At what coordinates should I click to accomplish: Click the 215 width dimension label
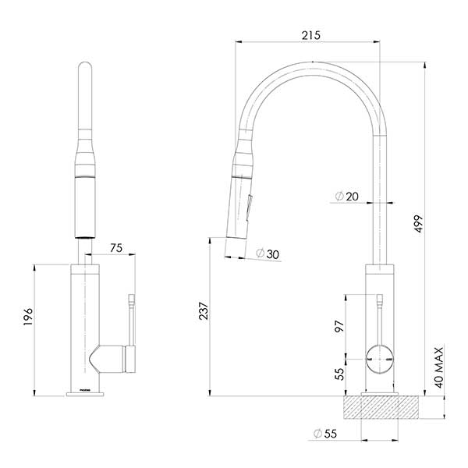[x=310, y=35]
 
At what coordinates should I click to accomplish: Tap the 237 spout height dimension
[x=203, y=313]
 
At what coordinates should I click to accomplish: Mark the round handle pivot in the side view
[x=380, y=357]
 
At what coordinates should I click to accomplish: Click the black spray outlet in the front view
[x=86, y=233]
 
